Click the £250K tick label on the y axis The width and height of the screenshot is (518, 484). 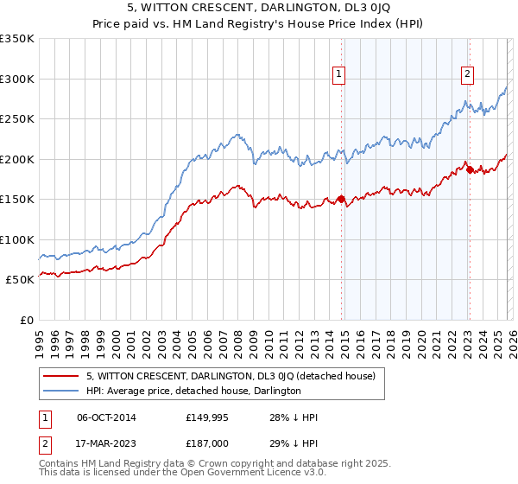point(17,119)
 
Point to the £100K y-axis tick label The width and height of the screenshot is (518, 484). point(17,239)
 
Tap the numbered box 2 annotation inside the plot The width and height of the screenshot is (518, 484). point(467,74)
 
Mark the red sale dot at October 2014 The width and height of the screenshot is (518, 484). point(341,200)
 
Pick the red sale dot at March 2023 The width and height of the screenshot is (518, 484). point(470,169)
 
